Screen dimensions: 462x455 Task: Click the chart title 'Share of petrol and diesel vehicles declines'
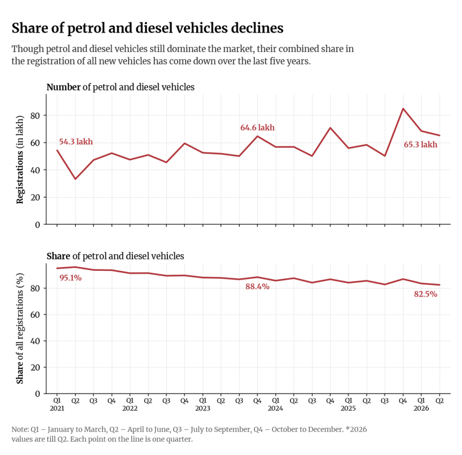point(148,28)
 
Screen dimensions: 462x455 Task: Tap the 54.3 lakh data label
point(76,142)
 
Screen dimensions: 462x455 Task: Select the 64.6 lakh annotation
point(258,128)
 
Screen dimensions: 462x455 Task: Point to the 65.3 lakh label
point(420,144)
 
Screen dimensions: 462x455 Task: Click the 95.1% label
point(70,278)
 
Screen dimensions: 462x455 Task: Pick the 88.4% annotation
point(258,287)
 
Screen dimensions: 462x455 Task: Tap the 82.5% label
point(425,294)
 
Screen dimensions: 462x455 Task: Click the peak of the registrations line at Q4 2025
point(403,108)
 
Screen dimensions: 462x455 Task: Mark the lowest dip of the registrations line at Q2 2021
point(75,179)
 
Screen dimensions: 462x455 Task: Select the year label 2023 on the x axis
point(203,409)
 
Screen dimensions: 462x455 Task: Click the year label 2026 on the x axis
point(421,409)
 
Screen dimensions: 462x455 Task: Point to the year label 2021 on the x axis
point(57,409)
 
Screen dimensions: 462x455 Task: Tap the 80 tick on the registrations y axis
point(35,116)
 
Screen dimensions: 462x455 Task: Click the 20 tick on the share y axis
point(35,367)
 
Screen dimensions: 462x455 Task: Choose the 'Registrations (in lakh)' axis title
point(20,159)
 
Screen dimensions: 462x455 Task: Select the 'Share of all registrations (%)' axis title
point(20,329)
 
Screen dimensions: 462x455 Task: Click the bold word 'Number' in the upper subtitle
point(64,87)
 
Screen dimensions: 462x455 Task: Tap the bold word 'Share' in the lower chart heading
point(58,256)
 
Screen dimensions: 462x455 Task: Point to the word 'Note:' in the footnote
point(20,429)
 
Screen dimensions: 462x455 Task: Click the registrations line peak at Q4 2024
point(330,128)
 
